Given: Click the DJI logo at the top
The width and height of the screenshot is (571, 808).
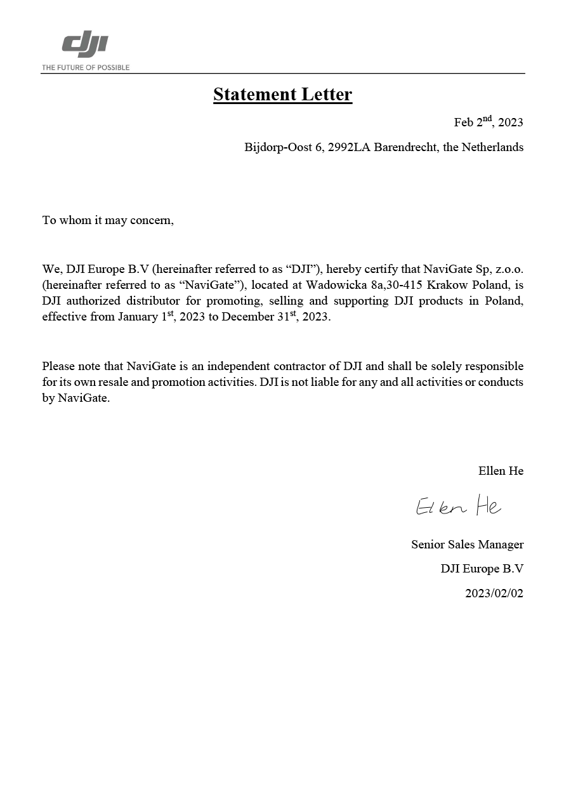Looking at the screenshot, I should coord(85,46).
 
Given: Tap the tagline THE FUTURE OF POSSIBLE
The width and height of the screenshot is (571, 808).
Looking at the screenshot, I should coord(86,67).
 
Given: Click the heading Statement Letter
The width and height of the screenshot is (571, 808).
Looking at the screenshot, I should coord(282,95).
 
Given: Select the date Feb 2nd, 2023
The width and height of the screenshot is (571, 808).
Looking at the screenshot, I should coord(488,123).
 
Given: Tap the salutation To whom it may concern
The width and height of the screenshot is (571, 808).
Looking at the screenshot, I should coord(108,220).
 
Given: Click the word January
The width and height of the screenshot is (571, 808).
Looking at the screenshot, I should coord(137,317).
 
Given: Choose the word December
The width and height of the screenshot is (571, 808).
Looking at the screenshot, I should coord(246,317).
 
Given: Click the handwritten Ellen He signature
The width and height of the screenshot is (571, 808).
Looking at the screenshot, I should coord(458,507).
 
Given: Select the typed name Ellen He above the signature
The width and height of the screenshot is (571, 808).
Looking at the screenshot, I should coord(501,471).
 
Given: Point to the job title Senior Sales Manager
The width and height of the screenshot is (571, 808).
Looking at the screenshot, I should coord(467,545).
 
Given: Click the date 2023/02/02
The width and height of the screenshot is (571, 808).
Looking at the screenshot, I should coord(494,594).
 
